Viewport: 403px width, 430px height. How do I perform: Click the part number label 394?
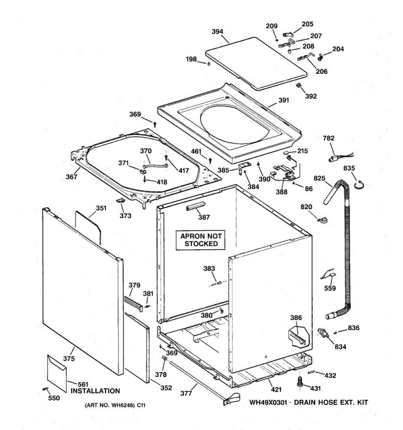coord(217,32)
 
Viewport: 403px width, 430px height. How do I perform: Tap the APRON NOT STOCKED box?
coord(201,240)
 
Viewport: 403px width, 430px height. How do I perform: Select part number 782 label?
coord(328,138)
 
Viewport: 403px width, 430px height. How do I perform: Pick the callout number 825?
coord(320,178)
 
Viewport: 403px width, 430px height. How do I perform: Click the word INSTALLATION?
coord(95,391)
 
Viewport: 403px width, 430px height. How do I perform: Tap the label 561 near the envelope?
coord(83,384)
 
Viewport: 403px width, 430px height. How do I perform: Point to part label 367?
coord(72,177)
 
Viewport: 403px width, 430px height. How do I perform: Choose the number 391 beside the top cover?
coord(283,100)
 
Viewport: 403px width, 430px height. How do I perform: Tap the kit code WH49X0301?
coord(269,402)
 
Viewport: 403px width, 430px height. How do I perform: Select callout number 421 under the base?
coord(276,390)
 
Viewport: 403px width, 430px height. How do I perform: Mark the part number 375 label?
coord(69,358)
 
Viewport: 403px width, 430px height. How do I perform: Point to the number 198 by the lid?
coord(191,59)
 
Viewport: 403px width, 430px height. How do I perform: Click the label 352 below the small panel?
coord(166,388)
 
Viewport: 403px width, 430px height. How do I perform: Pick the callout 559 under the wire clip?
coord(330,288)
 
